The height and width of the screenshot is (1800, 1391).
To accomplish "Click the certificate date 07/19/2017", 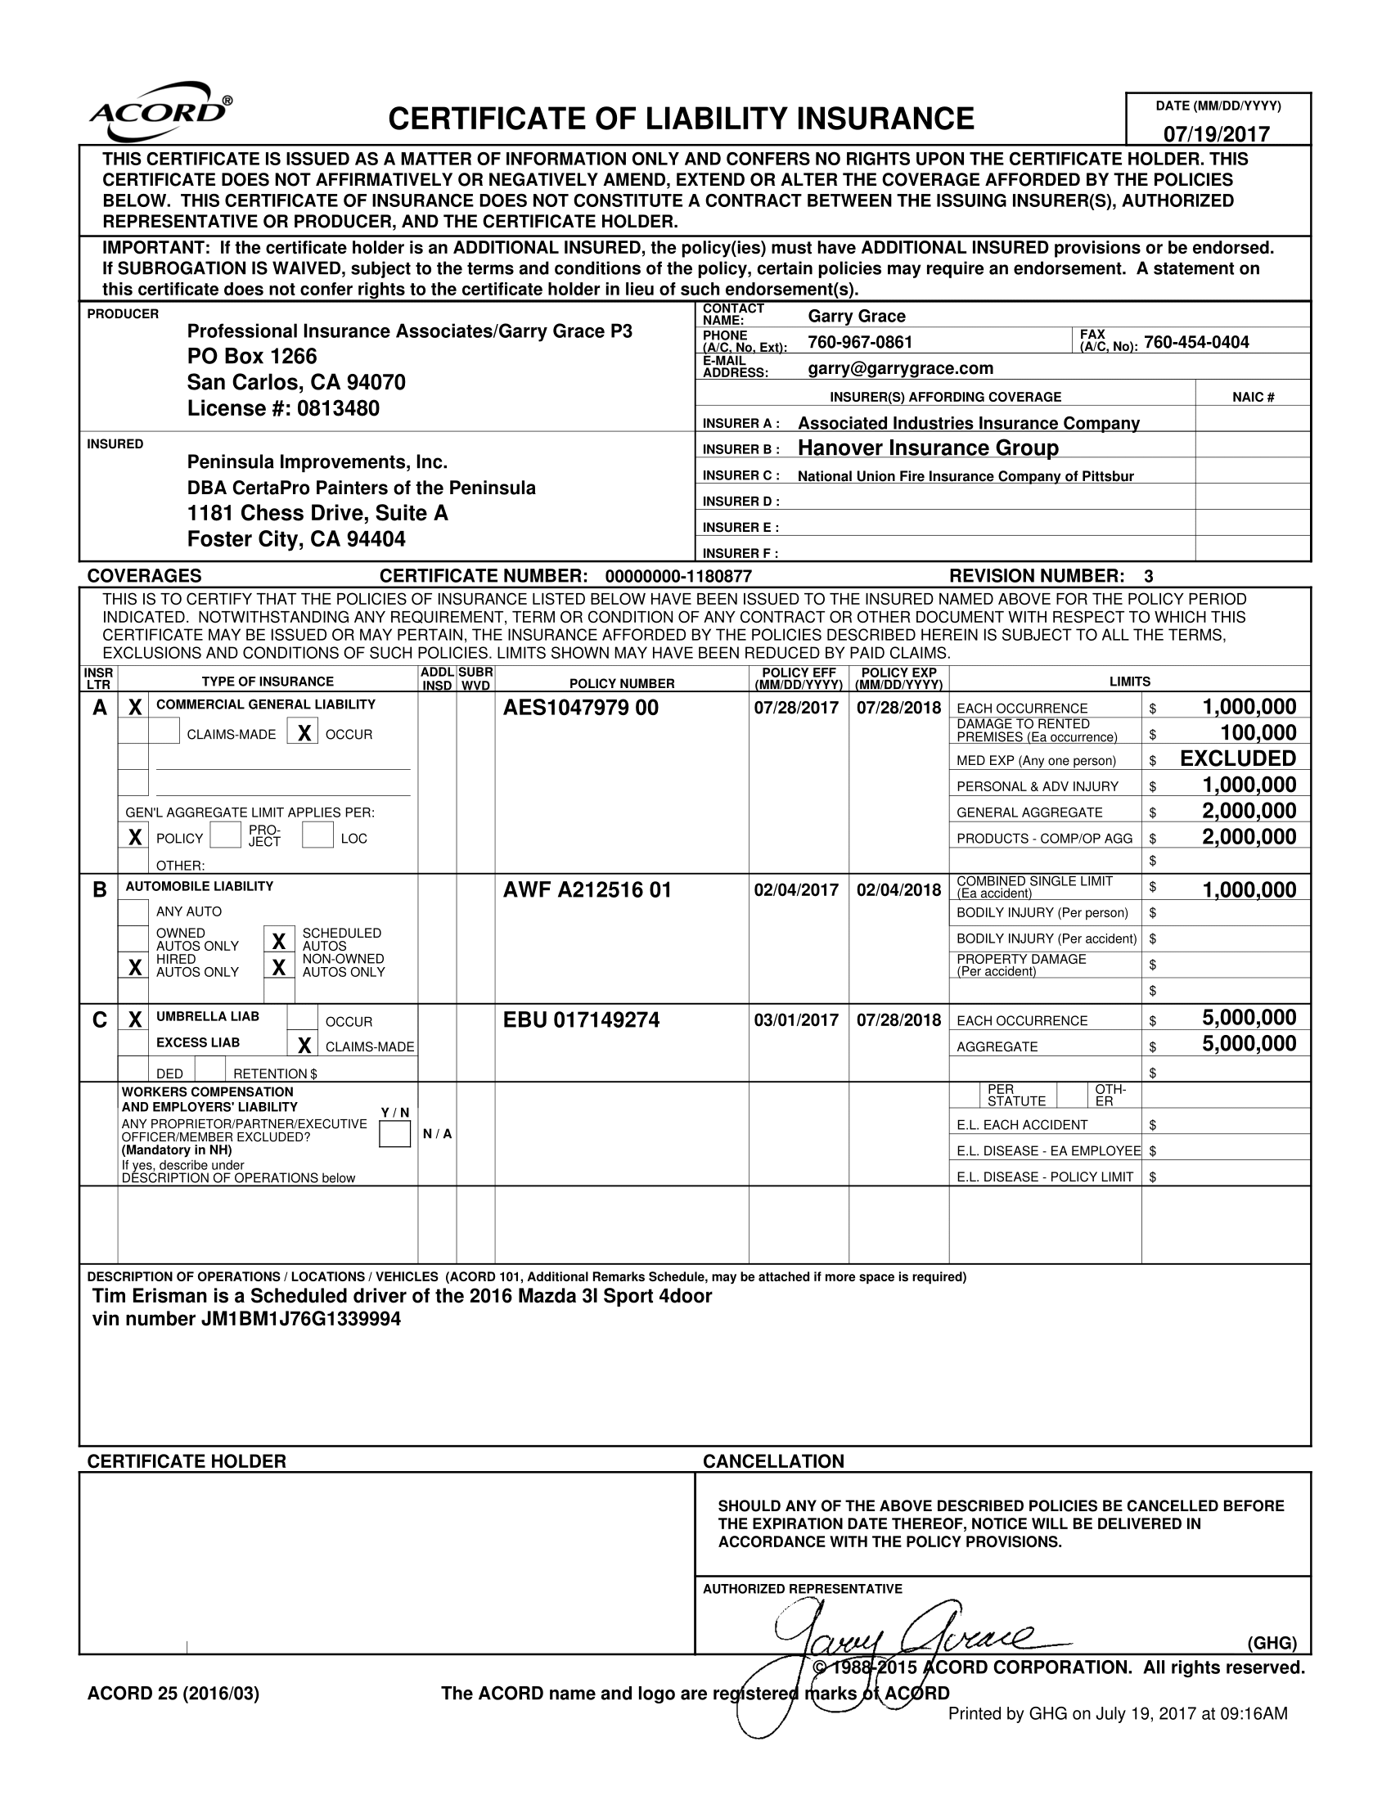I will [x=1216, y=133].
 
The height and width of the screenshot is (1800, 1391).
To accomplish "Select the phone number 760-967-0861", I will [x=859, y=342].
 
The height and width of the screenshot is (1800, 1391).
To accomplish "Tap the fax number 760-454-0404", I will [x=1195, y=342].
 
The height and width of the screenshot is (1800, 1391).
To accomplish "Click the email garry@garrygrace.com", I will [x=900, y=368].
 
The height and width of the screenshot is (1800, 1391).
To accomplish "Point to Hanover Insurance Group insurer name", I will [x=928, y=448].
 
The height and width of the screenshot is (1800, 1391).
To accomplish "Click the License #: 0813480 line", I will [x=282, y=409].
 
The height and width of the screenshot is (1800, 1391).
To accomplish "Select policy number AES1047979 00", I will [x=580, y=708].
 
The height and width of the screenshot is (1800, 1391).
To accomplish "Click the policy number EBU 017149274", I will [x=581, y=1020].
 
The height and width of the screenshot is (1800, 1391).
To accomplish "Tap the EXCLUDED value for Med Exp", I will [x=1238, y=759].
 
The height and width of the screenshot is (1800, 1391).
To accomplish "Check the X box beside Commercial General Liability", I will [x=134, y=707].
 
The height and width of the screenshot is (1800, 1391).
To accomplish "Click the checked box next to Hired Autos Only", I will [x=133, y=966].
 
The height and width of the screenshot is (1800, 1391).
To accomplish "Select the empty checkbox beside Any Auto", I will [x=133, y=911].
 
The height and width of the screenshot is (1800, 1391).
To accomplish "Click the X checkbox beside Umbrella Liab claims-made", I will [x=303, y=1046].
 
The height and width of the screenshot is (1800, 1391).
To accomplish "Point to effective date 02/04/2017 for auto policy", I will [x=796, y=890].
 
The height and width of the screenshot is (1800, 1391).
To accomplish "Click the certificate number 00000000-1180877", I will [x=677, y=576].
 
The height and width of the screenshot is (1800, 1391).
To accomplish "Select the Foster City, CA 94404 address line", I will [x=296, y=539].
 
